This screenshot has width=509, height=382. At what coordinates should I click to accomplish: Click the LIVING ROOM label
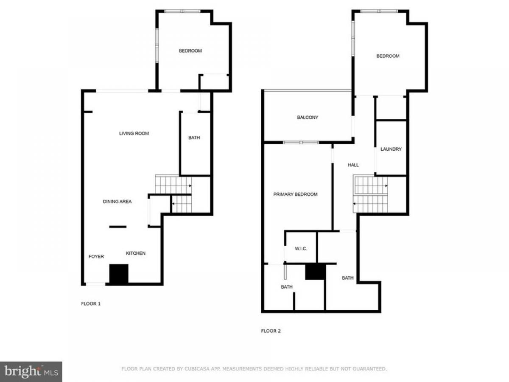134,133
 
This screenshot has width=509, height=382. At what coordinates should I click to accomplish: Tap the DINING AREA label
117,202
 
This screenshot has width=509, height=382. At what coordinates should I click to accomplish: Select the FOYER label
96,256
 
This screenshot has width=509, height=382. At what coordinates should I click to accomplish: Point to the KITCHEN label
136,253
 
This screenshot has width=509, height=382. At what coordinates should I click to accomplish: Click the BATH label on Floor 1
194,138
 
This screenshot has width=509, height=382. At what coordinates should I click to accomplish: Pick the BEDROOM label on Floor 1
190,51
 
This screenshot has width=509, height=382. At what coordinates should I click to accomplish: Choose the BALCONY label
308,118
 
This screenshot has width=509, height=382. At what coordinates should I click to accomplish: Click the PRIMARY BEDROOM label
295,194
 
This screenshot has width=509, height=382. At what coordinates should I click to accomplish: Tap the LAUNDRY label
391,149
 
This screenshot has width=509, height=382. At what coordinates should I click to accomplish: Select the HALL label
353,165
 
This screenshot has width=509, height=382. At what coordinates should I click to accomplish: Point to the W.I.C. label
301,249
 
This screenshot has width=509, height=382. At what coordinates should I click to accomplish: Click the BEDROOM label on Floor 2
388,56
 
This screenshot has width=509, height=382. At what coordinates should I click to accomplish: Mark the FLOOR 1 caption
91,304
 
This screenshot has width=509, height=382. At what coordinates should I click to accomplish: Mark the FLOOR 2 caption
271,331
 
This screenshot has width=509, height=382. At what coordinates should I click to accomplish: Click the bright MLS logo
31,372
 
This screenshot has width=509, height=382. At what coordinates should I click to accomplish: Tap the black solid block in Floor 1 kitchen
119,274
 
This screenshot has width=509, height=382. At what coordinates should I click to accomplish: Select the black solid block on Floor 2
315,272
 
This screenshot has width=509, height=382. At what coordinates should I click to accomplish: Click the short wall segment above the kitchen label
118,227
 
